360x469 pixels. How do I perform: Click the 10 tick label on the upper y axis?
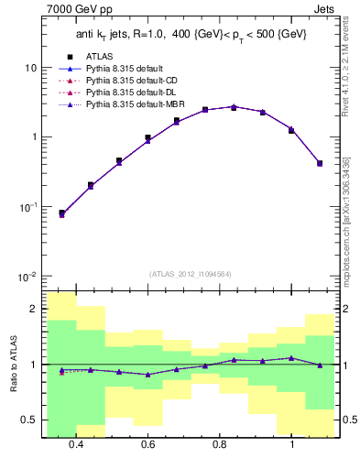31,69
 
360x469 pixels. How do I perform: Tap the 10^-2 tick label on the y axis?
28,277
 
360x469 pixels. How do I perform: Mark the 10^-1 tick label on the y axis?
28,208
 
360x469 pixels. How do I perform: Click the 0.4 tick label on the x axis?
76,444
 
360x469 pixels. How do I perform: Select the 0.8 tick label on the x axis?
220,444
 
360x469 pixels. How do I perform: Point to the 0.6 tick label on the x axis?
148,444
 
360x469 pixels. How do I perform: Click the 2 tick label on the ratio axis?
35,310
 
